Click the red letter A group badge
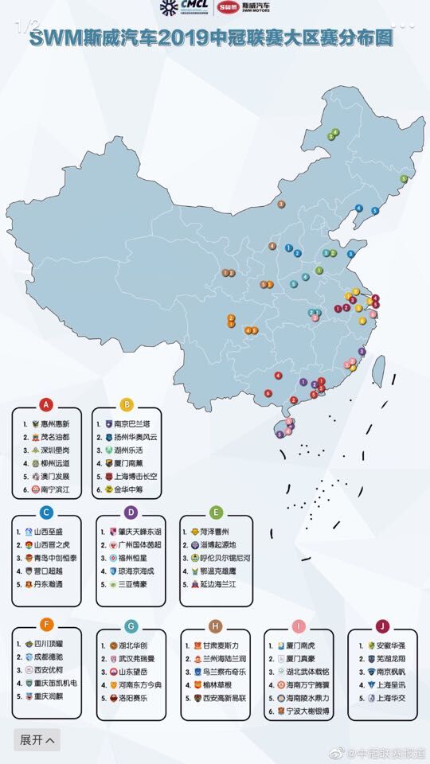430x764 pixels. point(46,405)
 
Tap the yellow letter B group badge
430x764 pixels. point(127,405)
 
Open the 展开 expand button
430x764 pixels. point(37,739)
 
